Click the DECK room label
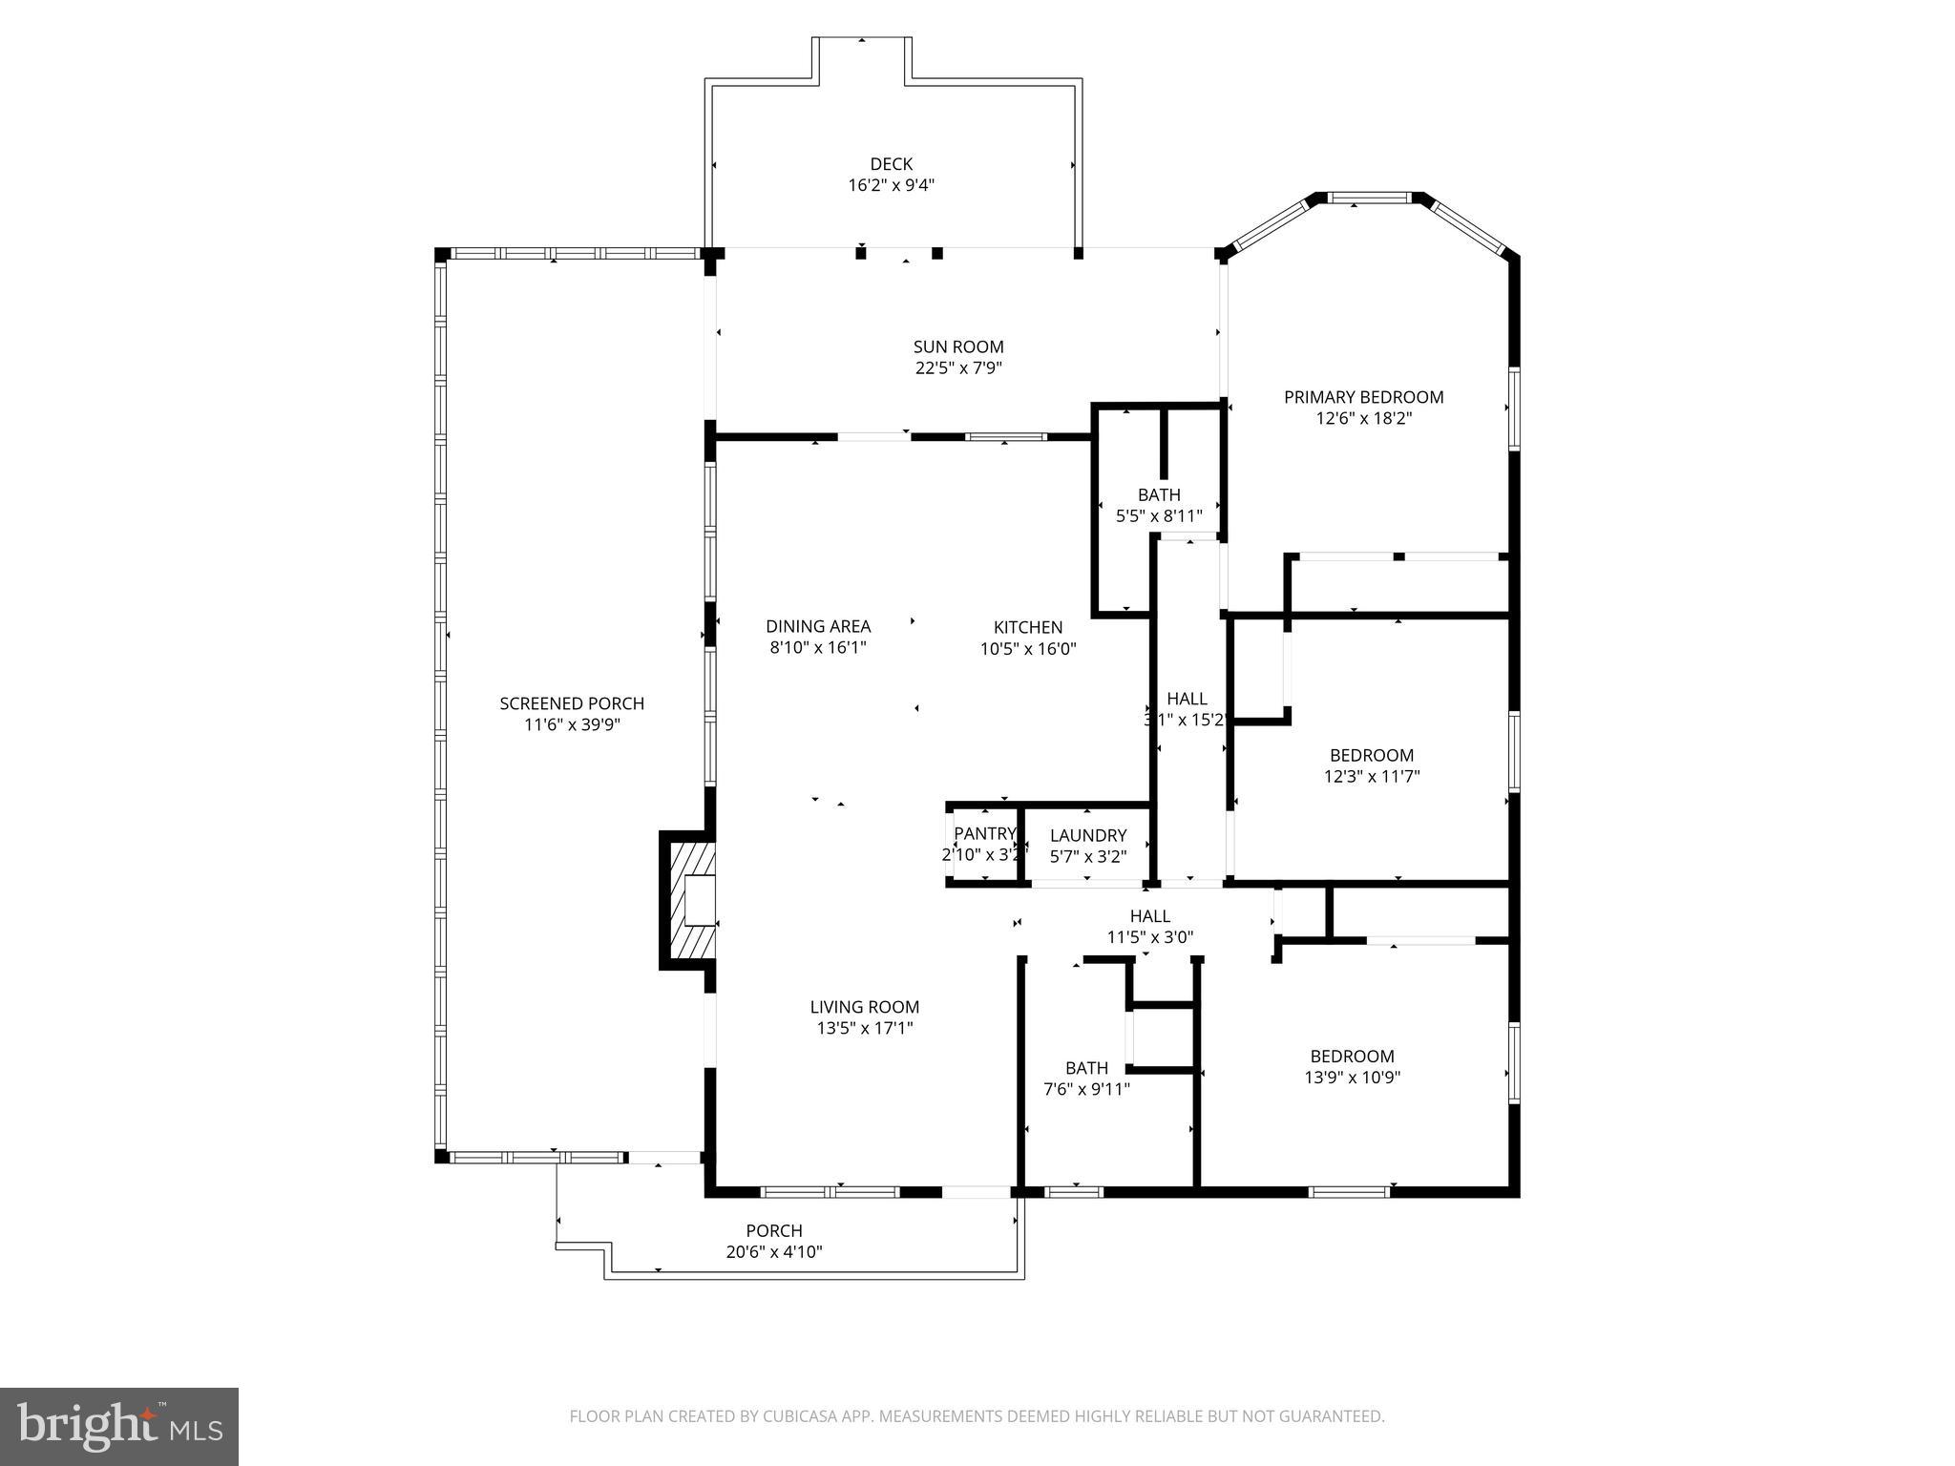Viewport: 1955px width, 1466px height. (x=891, y=164)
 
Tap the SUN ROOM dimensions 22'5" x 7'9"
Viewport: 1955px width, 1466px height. (x=958, y=368)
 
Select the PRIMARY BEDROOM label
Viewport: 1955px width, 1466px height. (x=1362, y=397)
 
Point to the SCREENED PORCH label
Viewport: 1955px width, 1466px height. (x=572, y=703)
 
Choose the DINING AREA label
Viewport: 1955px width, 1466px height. (x=818, y=627)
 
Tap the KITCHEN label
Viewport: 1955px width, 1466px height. (x=1027, y=627)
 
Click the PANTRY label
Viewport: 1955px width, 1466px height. (x=983, y=834)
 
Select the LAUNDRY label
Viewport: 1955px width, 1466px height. (x=1088, y=835)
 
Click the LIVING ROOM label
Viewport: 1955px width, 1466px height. (x=864, y=1007)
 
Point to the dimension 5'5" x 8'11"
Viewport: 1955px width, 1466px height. (x=1159, y=516)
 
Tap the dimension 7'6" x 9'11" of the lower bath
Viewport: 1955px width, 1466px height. (x=1086, y=1089)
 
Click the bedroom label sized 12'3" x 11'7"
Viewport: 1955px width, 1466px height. (x=1371, y=755)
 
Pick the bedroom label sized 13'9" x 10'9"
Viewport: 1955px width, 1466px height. (x=1352, y=1057)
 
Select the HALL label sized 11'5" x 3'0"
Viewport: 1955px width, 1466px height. (x=1149, y=916)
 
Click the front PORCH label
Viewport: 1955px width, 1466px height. (x=773, y=1231)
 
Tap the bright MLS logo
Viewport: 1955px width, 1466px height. (x=119, y=1427)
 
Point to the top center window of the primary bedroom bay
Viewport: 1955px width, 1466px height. (x=1370, y=199)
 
